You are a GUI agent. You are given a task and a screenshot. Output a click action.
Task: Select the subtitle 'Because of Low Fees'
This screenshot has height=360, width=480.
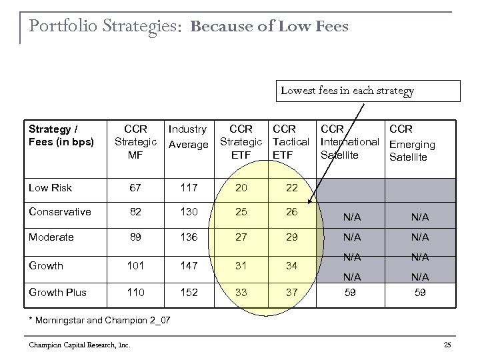coord(269,27)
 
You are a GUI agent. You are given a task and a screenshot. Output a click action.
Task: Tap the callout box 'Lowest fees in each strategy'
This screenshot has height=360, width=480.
coord(347,91)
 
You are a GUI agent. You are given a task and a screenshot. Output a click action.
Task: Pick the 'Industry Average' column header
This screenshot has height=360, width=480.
coord(188,137)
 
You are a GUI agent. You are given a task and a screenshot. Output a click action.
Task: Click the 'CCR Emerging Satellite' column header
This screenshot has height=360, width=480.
coord(412,143)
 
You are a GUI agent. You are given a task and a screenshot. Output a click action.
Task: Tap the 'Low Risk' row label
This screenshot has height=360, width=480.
coord(50,188)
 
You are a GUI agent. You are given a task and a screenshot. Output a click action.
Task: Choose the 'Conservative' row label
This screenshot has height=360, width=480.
coord(59,212)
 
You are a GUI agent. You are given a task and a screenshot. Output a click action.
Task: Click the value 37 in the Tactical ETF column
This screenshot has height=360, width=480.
coord(292,292)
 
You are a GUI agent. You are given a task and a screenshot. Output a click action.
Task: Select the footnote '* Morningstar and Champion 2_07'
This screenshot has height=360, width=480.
coord(99,321)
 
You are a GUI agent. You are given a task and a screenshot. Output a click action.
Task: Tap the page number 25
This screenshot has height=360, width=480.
coord(447,344)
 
